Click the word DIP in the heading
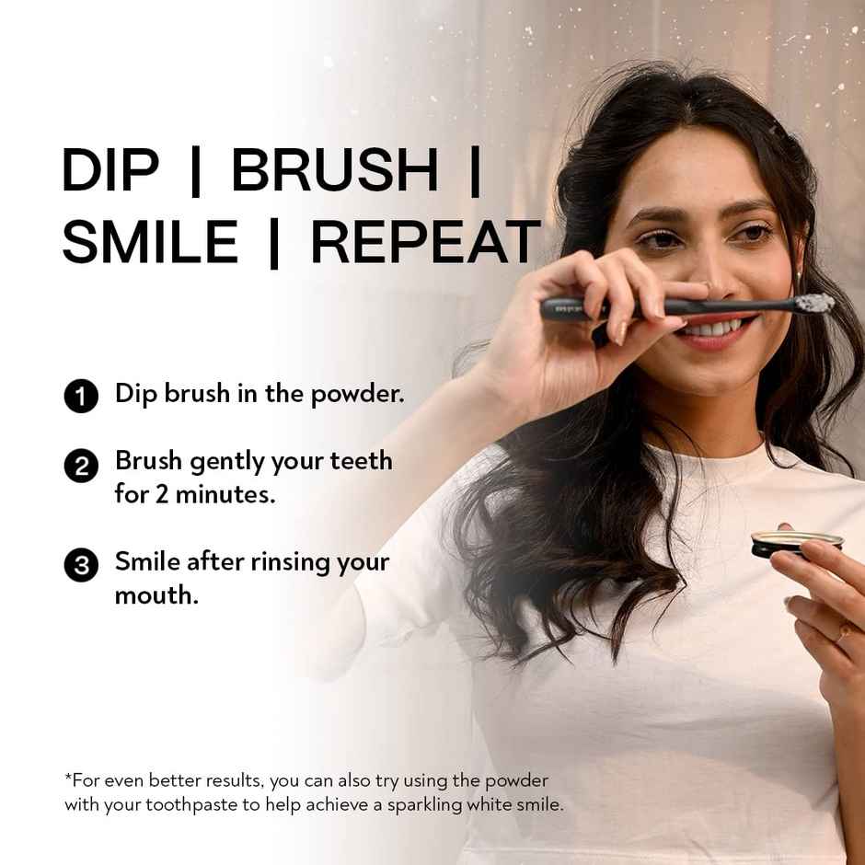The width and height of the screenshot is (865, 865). click(x=110, y=170)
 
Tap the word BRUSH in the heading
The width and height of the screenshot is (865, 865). click(x=334, y=170)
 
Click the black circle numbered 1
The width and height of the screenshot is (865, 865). click(x=81, y=398)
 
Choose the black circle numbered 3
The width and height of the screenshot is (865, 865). click(x=81, y=564)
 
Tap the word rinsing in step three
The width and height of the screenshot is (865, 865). click(x=292, y=561)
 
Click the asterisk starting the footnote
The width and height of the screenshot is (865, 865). click(x=67, y=778)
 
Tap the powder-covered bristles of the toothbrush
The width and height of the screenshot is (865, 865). click(x=814, y=303)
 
